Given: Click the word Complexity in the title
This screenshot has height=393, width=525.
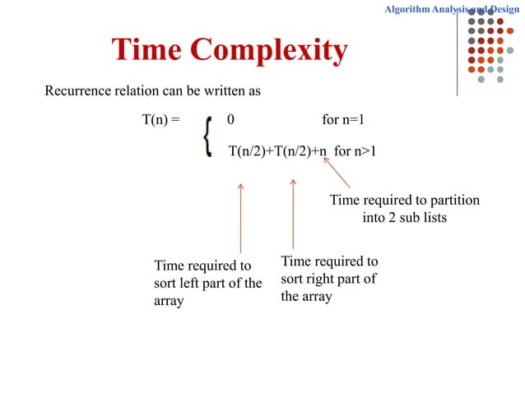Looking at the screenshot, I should tap(269, 51).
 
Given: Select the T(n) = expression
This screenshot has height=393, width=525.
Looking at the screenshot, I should tap(160, 121).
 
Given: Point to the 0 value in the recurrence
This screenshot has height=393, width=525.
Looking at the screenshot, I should tap(230, 121).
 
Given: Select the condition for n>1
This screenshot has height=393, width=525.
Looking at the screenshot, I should tap(355, 150).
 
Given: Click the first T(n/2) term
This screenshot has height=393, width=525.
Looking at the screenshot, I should tap(251, 150).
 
